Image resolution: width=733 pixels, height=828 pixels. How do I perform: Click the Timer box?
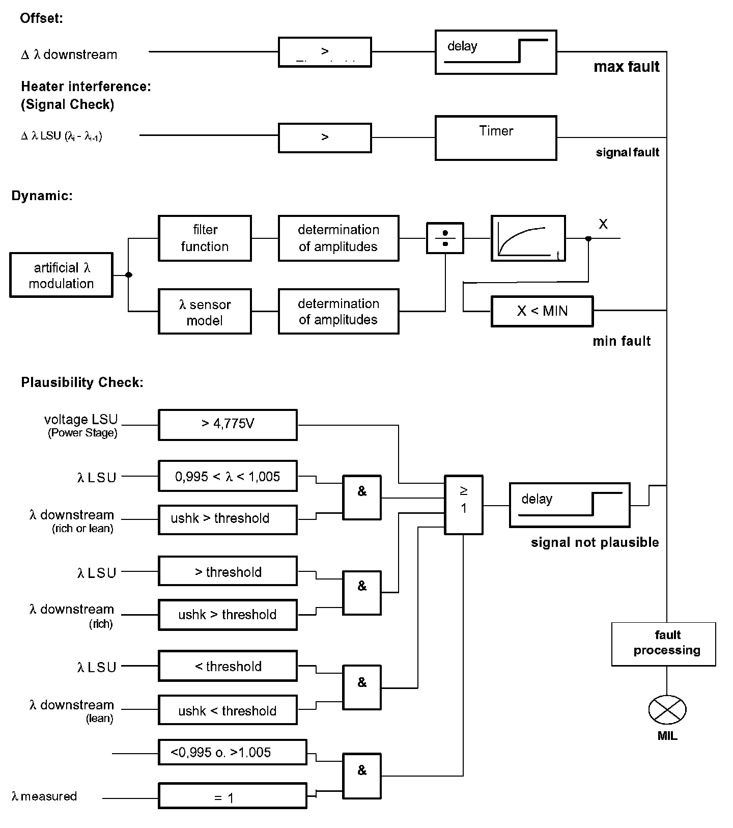click(495, 138)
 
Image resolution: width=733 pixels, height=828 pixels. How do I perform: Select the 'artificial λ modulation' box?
click(61, 275)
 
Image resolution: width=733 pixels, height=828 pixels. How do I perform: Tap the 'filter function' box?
click(205, 238)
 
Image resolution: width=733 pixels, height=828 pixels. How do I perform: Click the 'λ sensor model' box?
click(205, 312)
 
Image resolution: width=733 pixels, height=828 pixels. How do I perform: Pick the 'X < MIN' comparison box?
click(542, 311)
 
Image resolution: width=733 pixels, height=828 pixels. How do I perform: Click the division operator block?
click(445, 238)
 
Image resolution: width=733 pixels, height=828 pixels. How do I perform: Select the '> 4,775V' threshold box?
click(228, 424)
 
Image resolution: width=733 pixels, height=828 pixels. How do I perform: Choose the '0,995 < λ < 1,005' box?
click(228, 477)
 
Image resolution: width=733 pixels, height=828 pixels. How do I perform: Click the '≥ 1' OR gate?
click(463, 505)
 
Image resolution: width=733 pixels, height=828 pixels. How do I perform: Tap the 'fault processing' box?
click(663, 644)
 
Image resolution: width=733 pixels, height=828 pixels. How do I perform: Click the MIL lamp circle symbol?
click(667, 709)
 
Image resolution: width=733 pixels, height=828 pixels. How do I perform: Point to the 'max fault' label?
click(626, 67)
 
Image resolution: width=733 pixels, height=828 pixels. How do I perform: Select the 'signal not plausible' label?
click(595, 543)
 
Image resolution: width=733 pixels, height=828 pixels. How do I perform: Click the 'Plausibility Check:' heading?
click(82, 382)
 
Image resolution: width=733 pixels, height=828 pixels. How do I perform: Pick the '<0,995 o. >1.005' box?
click(233, 752)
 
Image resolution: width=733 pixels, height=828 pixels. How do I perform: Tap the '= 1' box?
click(233, 796)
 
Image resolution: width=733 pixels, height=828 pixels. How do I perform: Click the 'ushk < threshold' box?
click(228, 710)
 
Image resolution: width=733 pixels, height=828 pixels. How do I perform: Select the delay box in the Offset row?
click(495, 52)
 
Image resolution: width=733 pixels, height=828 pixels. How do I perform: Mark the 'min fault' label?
click(622, 341)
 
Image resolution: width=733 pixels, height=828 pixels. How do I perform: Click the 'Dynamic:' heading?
click(42, 196)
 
